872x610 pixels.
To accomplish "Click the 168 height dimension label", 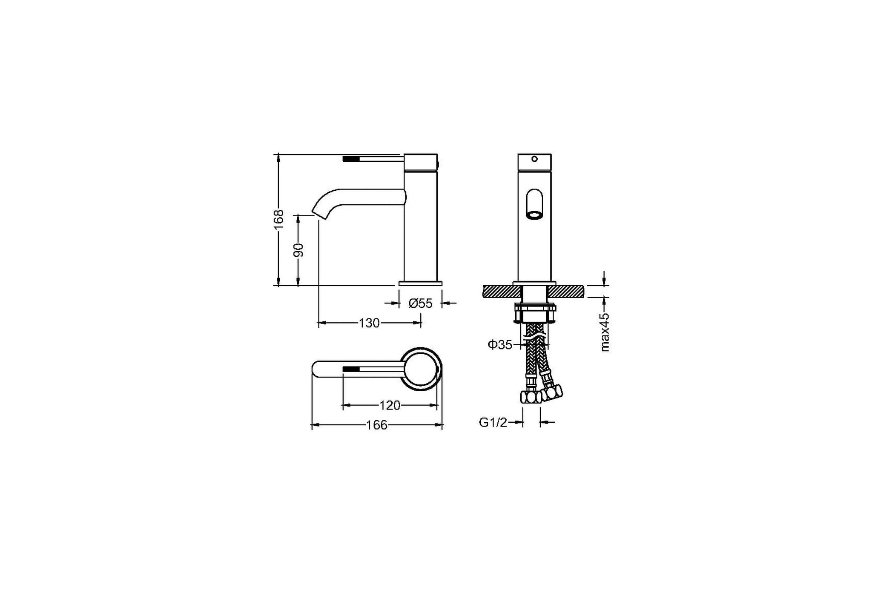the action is click(x=279, y=219).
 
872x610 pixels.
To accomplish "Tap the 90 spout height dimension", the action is click(x=299, y=250).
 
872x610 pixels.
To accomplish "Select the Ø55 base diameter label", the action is click(x=420, y=303).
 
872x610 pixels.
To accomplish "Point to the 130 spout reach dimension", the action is click(x=369, y=323).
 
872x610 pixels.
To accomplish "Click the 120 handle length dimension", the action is click(x=390, y=405).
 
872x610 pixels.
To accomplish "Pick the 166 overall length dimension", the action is click(x=377, y=425).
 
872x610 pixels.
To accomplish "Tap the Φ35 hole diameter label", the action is click(x=500, y=344).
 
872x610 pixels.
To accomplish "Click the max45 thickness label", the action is click(x=605, y=332).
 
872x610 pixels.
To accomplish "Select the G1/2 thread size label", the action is click(x=493, y=422).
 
